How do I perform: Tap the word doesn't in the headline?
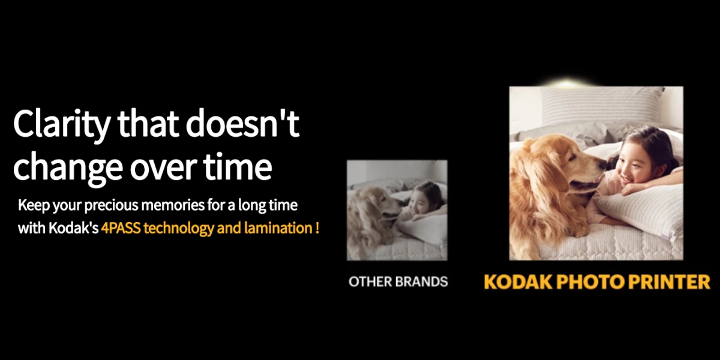pos(242,122)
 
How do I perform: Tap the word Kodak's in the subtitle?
pos(74,228)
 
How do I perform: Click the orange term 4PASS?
pos(121,228)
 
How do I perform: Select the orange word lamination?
pos(278,228)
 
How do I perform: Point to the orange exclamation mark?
pos(317,228)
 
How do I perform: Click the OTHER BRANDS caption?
pos(398,281)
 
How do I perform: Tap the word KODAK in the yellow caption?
pos(518,282)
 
